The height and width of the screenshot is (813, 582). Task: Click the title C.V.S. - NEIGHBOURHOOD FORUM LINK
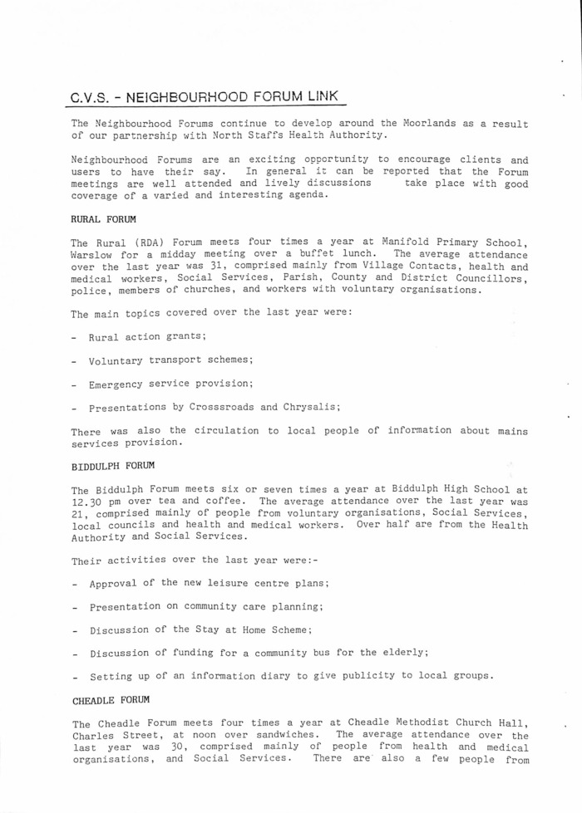[205, 97]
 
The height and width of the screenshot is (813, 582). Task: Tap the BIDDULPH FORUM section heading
[106, 466]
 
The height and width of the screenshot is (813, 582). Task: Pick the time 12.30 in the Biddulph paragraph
[88, 502]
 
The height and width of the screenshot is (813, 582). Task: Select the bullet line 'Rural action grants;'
[147, 337]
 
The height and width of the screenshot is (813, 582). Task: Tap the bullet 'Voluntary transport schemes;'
[170, 360]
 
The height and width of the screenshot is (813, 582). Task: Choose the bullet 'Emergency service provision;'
[170, 384]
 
